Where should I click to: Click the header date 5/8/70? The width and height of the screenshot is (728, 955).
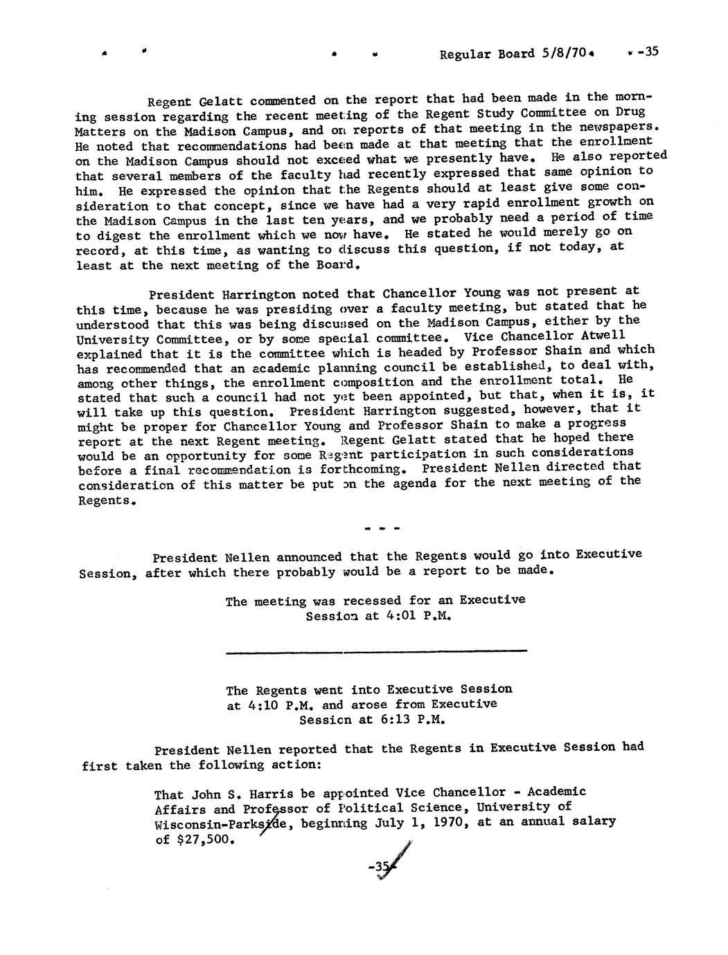coord(563,53)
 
